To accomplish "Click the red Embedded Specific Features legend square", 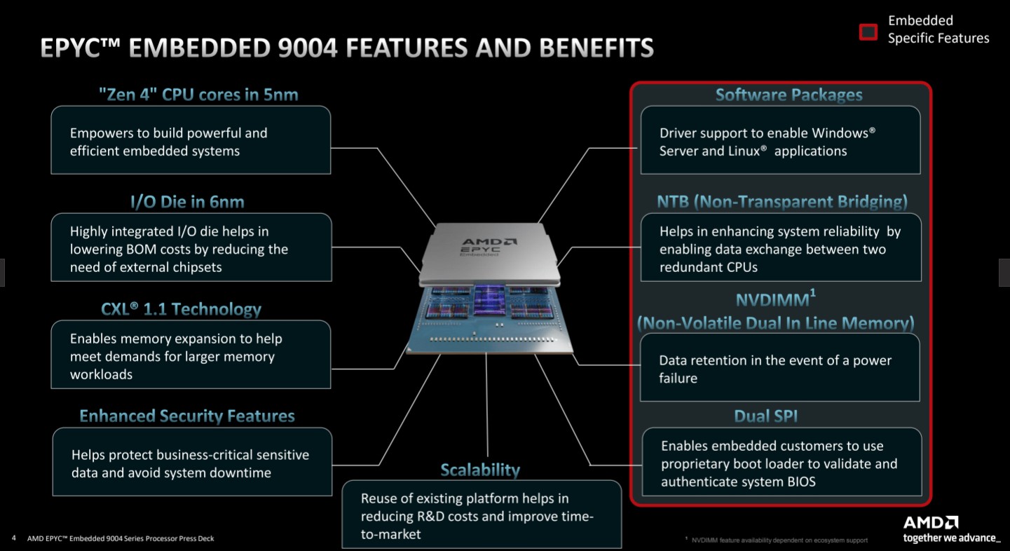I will tap(868, 32).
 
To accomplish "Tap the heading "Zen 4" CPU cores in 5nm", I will tap(198, 95).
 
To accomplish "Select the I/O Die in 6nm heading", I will tap(188, 202).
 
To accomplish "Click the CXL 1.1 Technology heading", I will tap(181, 309).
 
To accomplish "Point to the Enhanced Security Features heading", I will tap(187, 416).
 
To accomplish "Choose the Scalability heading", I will tap(480, 470).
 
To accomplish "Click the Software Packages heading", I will tap(789, 95).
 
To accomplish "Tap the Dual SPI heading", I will tap(765, 416).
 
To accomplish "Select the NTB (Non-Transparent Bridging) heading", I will tap(782, 202).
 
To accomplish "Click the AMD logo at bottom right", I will tap(930, 523).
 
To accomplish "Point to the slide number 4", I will tap(14, 538).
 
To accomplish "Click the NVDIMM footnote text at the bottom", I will tap(779, 540).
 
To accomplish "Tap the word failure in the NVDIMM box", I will tap(678, 379).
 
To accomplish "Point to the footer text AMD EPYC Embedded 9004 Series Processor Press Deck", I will tap(121, 538).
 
